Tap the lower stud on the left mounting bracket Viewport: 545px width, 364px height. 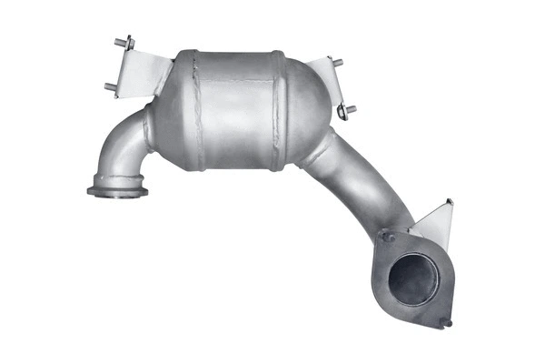click(111, 87)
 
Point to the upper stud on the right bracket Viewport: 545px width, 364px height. click(337, 63)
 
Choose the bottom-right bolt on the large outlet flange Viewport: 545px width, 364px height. click(446, 322)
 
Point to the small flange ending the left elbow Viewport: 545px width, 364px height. click(117, 191)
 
